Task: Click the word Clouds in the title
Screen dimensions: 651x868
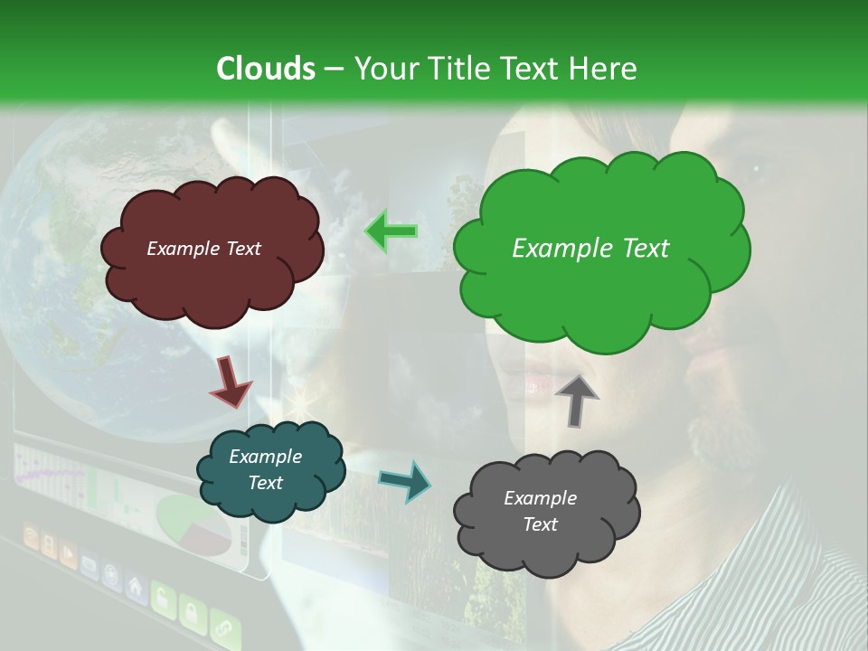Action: (x=266, y=69)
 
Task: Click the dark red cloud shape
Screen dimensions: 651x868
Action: (x=211, y=250)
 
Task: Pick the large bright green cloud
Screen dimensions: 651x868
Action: (x=597, y=249)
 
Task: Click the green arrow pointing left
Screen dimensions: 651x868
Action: (x=391, y=231)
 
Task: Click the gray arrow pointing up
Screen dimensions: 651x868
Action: (x=577, y=399)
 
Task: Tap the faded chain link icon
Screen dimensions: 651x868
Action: (x=223, y=628)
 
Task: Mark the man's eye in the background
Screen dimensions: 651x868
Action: (x=750, y=165)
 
